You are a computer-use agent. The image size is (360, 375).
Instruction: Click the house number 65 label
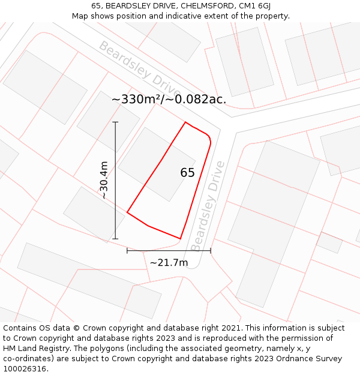click(187, 173)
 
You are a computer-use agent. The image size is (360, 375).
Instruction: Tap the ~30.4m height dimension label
click(103, 180)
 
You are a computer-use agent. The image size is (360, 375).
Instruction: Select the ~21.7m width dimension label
click(169, 263)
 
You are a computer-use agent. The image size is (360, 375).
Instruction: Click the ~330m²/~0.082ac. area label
click(169, 100)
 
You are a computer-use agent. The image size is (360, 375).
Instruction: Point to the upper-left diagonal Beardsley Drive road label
click(139, 71)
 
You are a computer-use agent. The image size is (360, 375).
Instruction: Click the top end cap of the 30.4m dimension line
click(115, 122)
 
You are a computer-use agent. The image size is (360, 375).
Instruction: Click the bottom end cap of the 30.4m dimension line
click(115, 239)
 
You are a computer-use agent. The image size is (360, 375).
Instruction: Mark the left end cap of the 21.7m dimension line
click(127, 251)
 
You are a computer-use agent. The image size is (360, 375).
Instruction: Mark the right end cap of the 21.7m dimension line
click(211, 251)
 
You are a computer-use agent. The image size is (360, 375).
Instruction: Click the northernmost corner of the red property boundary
click(185, 122)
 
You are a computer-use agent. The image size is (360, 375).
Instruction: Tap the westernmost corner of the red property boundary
click(127, 212)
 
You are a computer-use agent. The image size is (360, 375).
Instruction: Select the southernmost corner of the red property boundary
click(180, 239)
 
